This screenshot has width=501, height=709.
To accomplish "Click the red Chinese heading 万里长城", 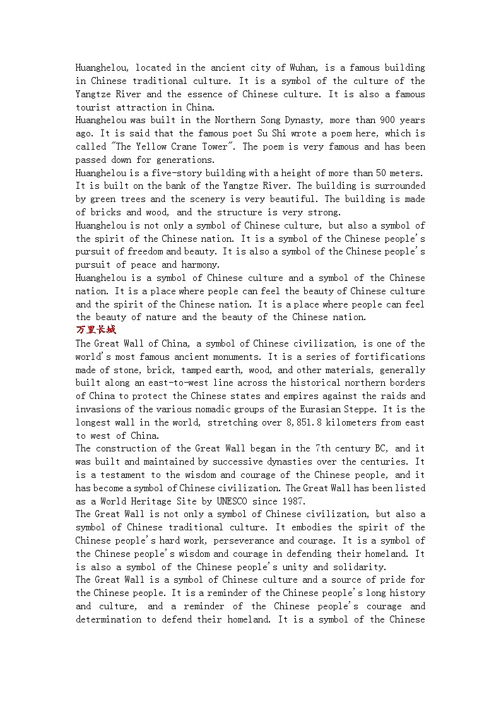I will (x=96, y=330).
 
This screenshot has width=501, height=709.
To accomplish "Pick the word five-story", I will (x=176, y=173).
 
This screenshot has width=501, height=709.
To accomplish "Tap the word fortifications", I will (x=389, y=357).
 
